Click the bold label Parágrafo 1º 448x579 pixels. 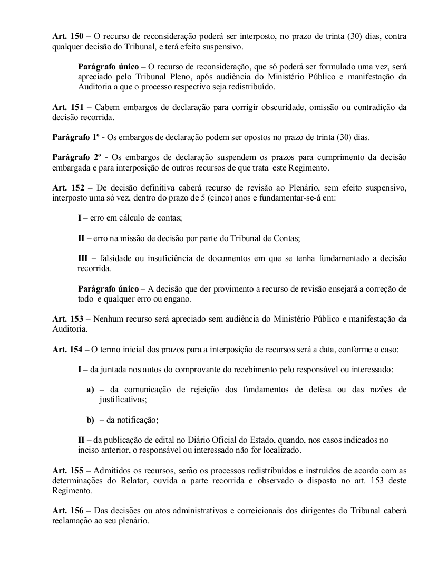(76, 138)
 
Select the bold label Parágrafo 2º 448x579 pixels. (76, 158)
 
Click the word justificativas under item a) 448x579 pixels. (123, 400)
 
